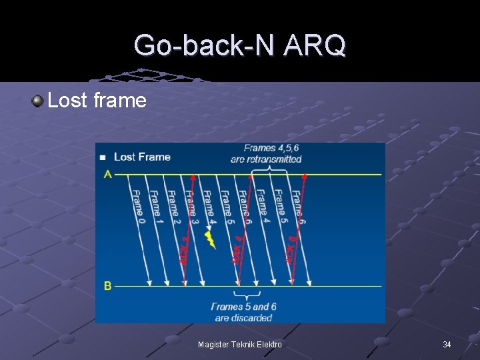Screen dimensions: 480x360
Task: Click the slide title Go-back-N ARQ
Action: tap(239, 45)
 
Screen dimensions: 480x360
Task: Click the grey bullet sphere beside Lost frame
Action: tap(37, 101)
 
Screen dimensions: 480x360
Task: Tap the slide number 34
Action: tap(447, 345)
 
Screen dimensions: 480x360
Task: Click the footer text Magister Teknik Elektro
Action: tap(240, 345)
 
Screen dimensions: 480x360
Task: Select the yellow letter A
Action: tap(107, 175)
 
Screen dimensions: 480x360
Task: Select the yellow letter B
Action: tap(107, 286)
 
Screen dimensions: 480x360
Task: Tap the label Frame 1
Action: tap(155, 203)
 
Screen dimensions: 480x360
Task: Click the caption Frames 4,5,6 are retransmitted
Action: tap(266, 154)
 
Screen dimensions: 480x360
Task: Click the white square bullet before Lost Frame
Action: tap(103, 158)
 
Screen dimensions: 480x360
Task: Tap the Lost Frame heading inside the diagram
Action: tap(142, 157)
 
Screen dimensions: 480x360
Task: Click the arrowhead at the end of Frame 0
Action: tap(149, 283)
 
